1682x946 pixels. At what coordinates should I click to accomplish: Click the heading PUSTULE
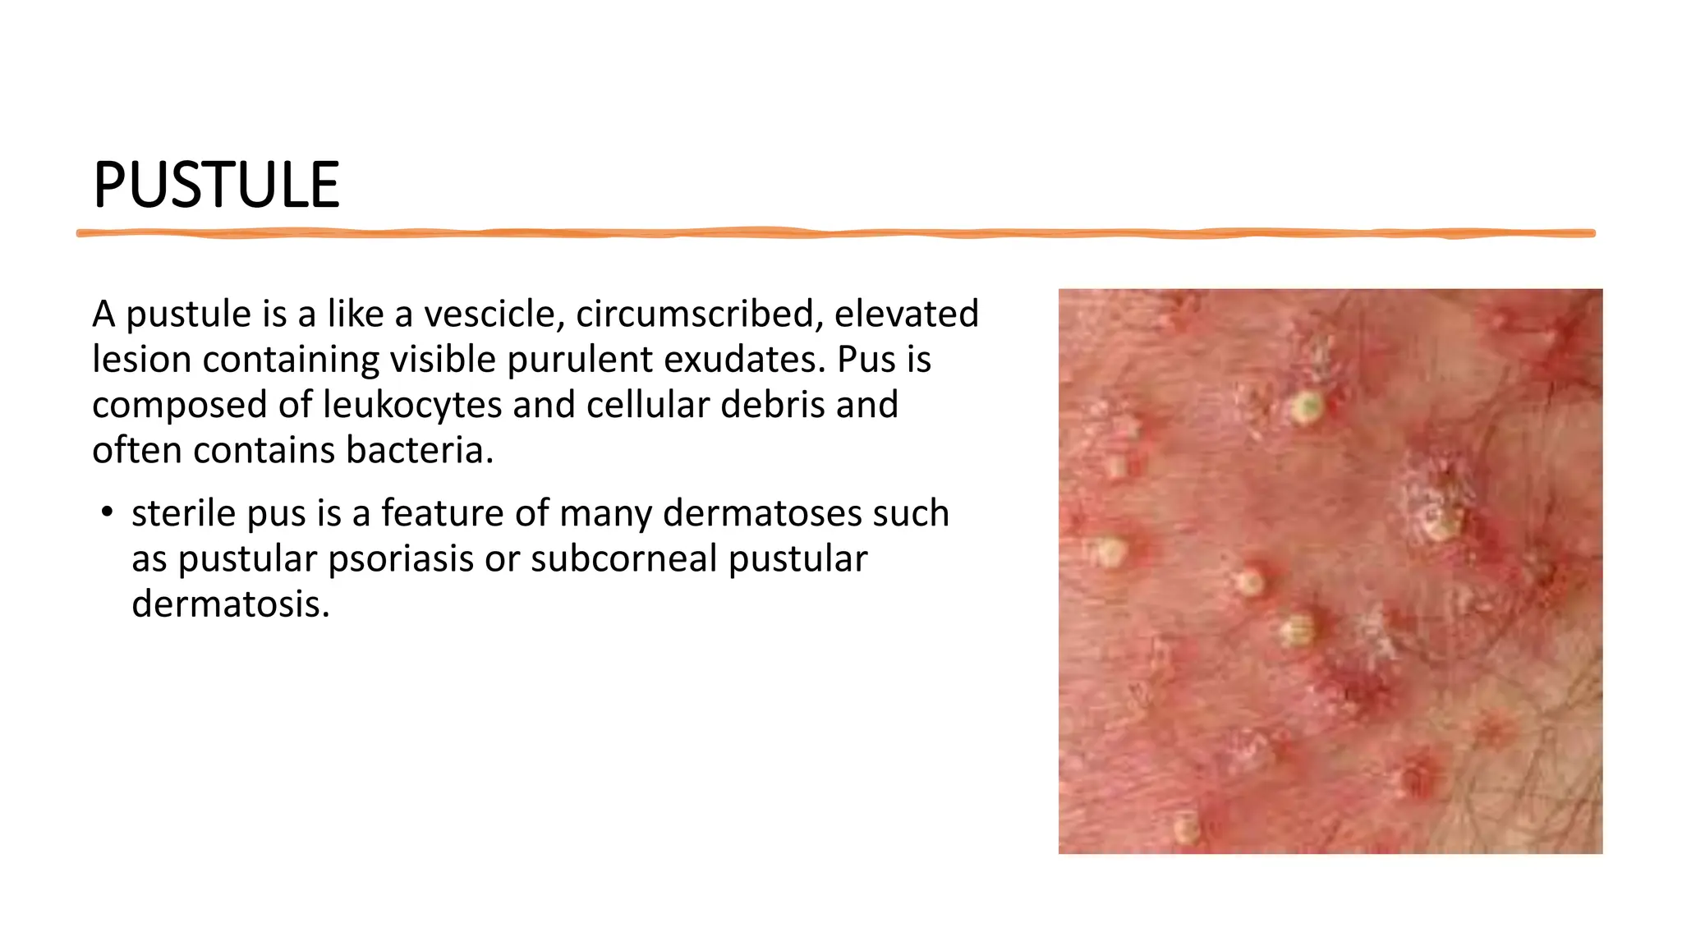pos(216,185)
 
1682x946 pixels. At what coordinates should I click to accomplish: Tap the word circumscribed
pos(695,314)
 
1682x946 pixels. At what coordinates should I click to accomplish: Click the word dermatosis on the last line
pos(231,604)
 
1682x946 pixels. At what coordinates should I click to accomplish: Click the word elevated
pos(907,314)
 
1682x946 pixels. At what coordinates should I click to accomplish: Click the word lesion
pos(141,360)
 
